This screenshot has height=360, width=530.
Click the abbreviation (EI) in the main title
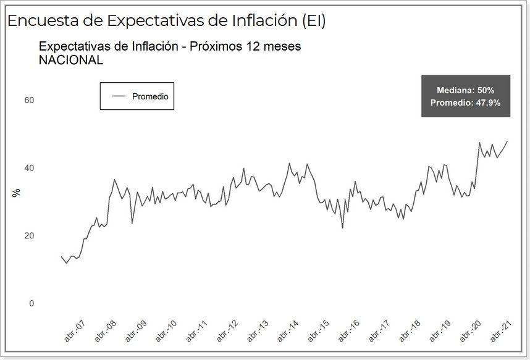[x=313, y=20]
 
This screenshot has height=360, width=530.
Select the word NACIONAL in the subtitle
[x=70, y=60]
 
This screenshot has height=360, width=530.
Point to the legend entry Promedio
[x=150, y=96]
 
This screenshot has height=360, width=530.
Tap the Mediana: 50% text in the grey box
[x=465, y=90]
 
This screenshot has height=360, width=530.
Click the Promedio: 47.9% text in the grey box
[x=465, y=103]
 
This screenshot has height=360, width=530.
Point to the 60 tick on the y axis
[x=29, y=100]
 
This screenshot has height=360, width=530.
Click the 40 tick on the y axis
[x=29, y=168]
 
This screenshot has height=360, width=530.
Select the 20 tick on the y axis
[x=29, y=236]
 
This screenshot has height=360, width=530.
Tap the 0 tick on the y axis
[x=32, y=304]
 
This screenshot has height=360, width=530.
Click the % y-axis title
[x=16, y=193]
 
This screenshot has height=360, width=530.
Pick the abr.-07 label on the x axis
[x=75, y=330]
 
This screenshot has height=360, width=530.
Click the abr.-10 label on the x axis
[x=167, y=330]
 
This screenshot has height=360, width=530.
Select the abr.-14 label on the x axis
[x=290, y=330]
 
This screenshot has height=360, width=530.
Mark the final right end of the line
[x=508, y=141]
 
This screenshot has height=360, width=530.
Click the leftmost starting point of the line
[x=61, y=256]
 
